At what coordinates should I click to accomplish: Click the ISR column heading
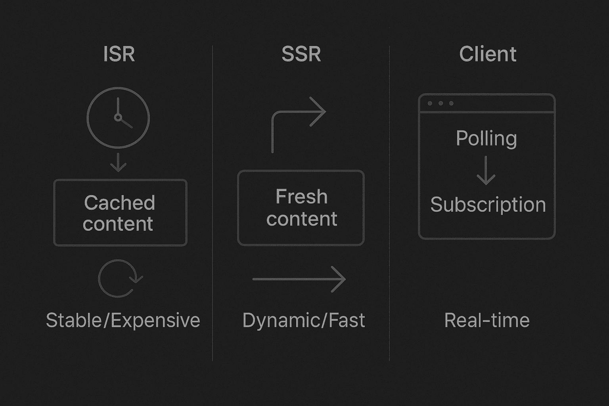pyautogui.click(x=119, y=54)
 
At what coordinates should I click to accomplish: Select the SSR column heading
pyautogui.click(x=301, y=54)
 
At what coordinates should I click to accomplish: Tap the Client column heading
pyautogui.click(x=488, y=54)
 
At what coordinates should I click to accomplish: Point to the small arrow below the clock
pyautogui.click(x=118, y=162)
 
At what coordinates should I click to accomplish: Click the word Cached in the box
pyautogui.click(x=120, y=203)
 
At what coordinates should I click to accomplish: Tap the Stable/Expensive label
pyautogui.click(x=123, y=320)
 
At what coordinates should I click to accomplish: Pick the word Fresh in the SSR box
pyautogui.click(x=301, y=196)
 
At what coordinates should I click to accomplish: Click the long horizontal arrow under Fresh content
pyautogui.click(x=299, y=279)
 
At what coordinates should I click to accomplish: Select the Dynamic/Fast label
pyautogui.click(x=303, y=320)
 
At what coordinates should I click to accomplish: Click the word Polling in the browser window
pyautogui.click(x=486, y=139)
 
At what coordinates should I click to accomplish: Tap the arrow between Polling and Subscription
pyautogui.click(x=486, y=170)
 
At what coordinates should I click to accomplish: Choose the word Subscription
pyautogui.click(x=488, y=205)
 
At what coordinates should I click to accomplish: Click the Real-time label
pyautogui.click(x=487, y=320)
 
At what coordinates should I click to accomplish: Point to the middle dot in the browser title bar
pyautogui.click(x=441, y=103)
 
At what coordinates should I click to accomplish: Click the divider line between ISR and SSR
pyautogui.click(x=213, y=203)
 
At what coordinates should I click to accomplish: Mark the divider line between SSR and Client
pyautogui.click(x=389, y=203)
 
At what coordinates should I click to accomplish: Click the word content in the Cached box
pyautogui.click(x=118, y=224)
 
